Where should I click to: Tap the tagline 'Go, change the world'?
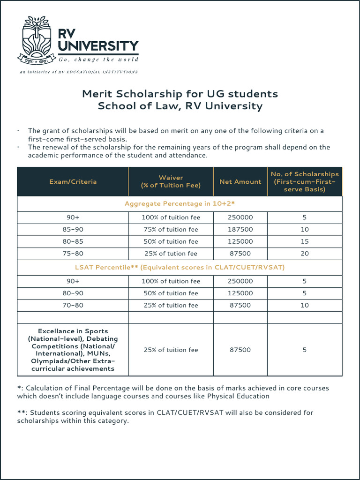click(98, 60)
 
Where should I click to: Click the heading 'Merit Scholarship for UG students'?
click(180, 94)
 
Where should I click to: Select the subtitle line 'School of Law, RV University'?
click(180, 106)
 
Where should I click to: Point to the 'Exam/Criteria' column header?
click(73, 181)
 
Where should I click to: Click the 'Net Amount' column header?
click(240, 181)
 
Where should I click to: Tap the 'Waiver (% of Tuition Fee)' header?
click(171, 181)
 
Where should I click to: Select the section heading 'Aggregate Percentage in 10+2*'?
click(180, 204)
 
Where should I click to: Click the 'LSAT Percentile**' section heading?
click(180, 267)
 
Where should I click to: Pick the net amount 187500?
click(240, 230)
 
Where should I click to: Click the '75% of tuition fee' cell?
click(171, 230)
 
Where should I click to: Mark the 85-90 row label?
click(73, 230)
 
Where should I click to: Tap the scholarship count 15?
click(305, 241)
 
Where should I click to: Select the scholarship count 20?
click(305, 254)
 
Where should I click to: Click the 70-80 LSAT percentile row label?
click(73, 305)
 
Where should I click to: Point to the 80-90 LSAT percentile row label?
click(73, 293)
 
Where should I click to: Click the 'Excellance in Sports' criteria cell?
click(73, 350)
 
